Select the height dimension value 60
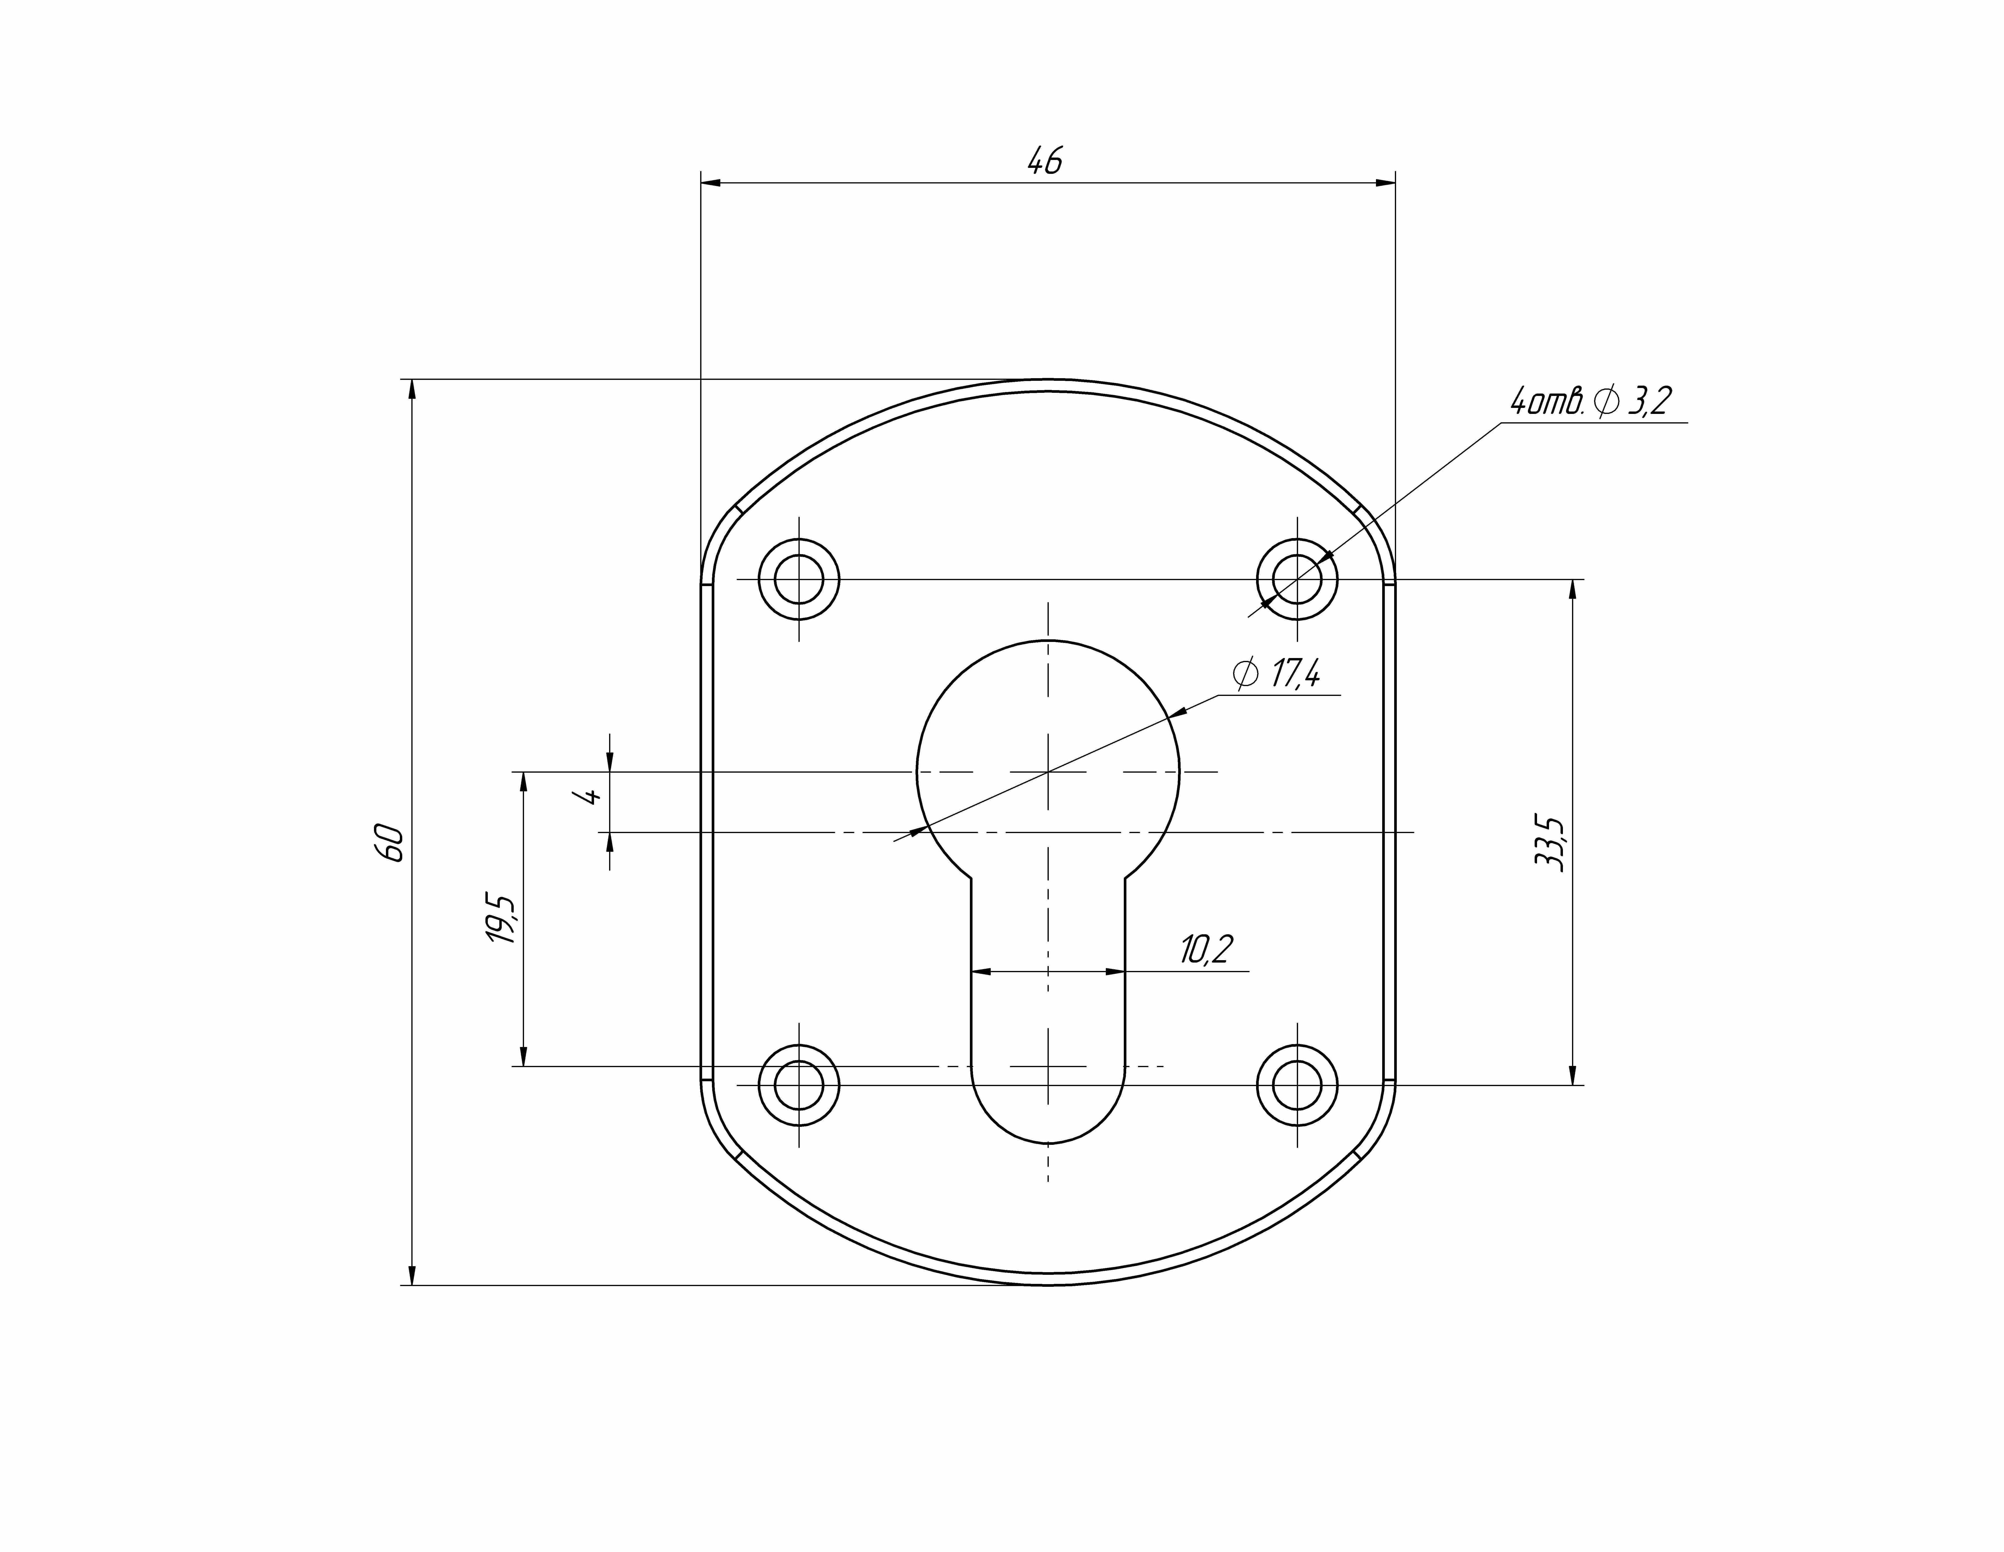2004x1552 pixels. (390, 842)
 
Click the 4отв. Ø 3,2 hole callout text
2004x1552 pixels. (1590, 401)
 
